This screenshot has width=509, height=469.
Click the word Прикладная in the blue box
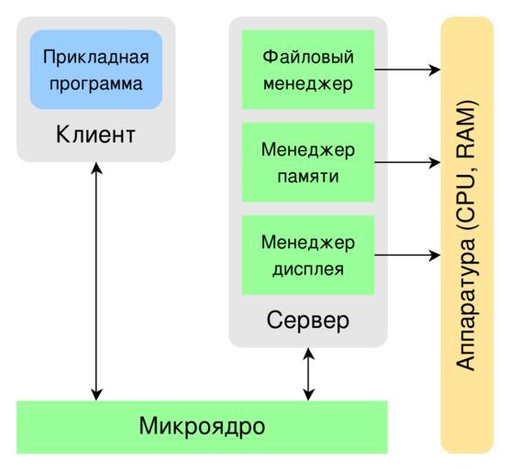(96, 58)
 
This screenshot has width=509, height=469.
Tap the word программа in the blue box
(96, 84)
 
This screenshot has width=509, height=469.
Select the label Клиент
(95, 135)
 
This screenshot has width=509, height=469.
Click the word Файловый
(308, 57)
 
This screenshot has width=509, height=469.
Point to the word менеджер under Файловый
(308, 84)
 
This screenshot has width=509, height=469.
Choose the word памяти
(308, 177)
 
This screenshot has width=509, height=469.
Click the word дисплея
(308, 269)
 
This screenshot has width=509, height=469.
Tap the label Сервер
(308, 321)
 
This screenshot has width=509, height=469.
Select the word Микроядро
(202, 427)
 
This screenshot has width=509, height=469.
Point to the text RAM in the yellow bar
(465, 130)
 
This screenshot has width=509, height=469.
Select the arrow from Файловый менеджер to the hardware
(407, 70)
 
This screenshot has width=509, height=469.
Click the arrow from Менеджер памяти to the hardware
(407, 162)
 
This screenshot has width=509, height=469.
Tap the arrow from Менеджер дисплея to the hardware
(407, 255)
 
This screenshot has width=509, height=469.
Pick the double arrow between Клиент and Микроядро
(96, 281)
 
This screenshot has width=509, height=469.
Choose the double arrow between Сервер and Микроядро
(308, 375)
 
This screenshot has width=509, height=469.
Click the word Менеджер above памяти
(308, 150)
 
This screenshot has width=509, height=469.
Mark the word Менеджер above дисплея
(308, 243)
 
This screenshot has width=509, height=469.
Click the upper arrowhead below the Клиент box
(96, 168)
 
